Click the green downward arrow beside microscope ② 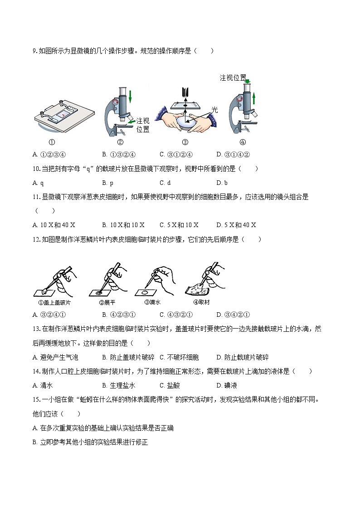coord(131,96)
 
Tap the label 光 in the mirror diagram coord(214,110)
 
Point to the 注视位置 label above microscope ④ coord(233,78)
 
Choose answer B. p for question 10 coord(107,183)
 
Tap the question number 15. coord(37,399)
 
